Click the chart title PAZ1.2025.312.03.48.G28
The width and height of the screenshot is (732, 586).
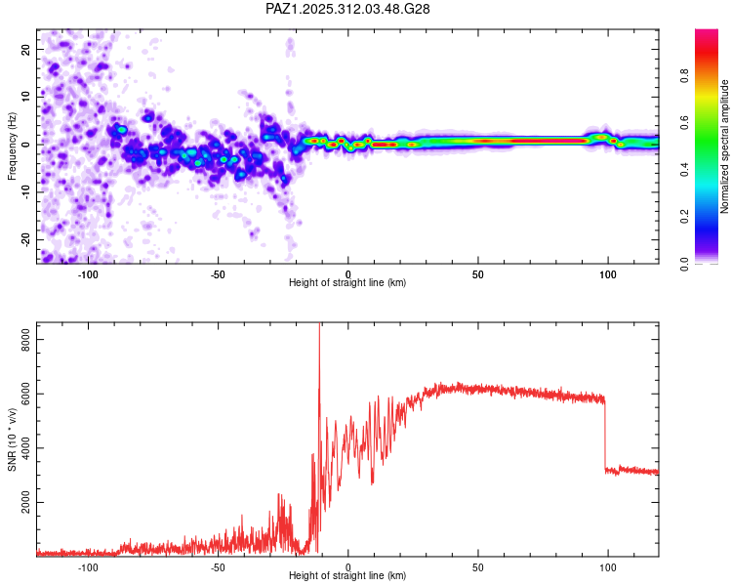tap(348, 9)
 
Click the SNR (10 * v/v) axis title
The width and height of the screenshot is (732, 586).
tap(12, 439)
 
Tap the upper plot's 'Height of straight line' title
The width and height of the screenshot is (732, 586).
tap(347, 283)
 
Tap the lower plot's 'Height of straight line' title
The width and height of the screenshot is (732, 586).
tap(347, 576)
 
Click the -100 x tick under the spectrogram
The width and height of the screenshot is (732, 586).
tap(88, 273)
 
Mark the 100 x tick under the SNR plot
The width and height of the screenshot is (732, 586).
tap(607, 566)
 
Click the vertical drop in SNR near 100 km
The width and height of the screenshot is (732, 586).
tap(605, 435)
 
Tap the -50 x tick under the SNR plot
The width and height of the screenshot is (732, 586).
tap(218, 566)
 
